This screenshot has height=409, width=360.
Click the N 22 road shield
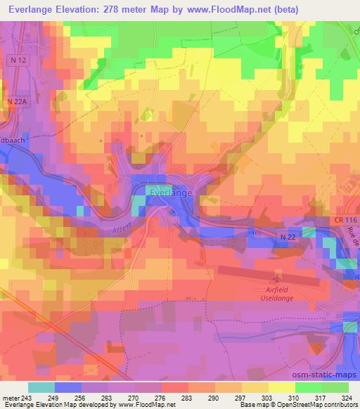tap(285, 237)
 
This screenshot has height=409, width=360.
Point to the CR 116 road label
tap(345, 221)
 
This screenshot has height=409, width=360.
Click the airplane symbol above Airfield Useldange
tap(277, 280)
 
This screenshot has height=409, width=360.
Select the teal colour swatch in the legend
tap(41, 387)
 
